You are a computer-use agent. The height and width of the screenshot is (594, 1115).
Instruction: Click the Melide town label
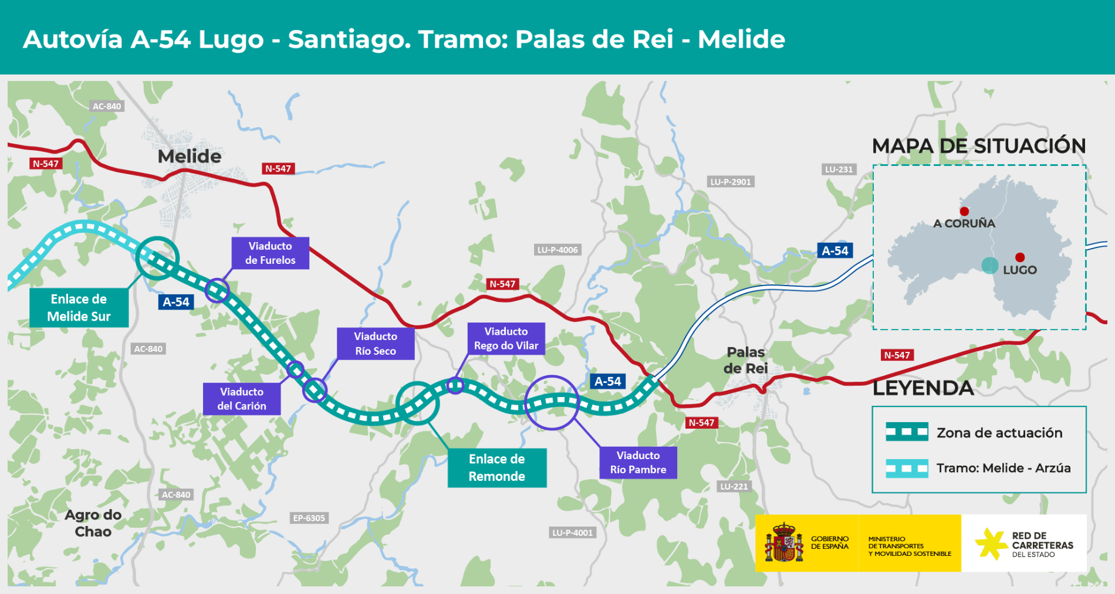(190, 157)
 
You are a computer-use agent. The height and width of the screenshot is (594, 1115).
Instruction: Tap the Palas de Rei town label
(745, 360)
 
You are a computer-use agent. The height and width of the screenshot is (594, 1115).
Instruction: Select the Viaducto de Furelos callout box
(270, 253)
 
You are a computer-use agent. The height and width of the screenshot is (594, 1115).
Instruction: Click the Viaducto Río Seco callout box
(376, 344)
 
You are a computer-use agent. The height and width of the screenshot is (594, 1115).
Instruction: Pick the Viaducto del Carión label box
(242, 399)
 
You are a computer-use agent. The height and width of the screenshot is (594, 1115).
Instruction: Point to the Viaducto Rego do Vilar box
(506, 339)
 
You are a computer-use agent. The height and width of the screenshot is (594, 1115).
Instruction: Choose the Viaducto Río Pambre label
(638, 463)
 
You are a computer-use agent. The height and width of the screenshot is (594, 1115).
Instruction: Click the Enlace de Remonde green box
(496, 468)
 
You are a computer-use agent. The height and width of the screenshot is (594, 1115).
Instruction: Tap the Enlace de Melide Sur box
(79, 308)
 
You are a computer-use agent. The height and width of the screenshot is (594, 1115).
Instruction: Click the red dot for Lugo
(1020, 257)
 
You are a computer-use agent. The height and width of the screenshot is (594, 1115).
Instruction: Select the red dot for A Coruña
(964, 211)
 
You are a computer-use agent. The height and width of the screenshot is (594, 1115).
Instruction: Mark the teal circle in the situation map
(990, 266)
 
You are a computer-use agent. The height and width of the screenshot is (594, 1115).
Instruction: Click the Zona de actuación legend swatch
(907, 432)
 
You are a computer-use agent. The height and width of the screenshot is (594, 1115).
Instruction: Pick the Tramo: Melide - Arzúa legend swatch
(907, 468)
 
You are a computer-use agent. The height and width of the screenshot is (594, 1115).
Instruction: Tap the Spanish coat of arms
(783, 543)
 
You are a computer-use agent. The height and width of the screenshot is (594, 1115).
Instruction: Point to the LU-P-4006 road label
(557, 250)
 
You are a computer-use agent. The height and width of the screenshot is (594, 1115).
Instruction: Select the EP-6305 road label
(309, 518)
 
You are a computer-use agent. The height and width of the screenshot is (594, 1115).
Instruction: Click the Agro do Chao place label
(93, 523)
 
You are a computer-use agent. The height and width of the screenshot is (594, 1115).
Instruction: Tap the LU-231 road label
(839, 169)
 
